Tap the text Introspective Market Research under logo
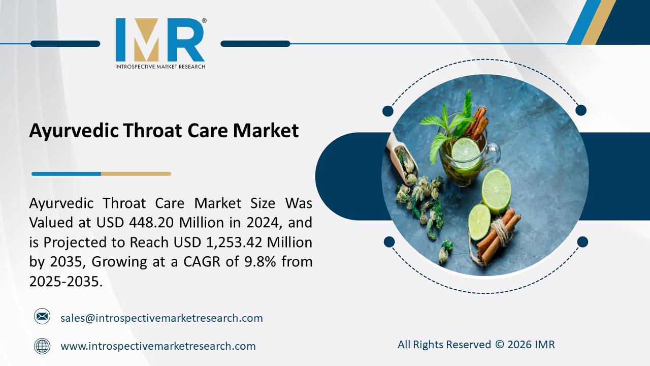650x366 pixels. click(x=160, y=67)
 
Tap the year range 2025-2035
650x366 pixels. click(x=66, y=281)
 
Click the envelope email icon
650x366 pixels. click(x=42, y=317)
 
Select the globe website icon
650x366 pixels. click(x=42, y=346)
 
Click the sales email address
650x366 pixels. click(x=161, y=318)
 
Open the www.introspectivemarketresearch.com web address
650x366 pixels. click(x=158, y=347)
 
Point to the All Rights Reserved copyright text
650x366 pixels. click(x=476, y=345)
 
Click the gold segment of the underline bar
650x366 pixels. click(x=136, y=174)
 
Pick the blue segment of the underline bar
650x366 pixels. click(x=66, y=174)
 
